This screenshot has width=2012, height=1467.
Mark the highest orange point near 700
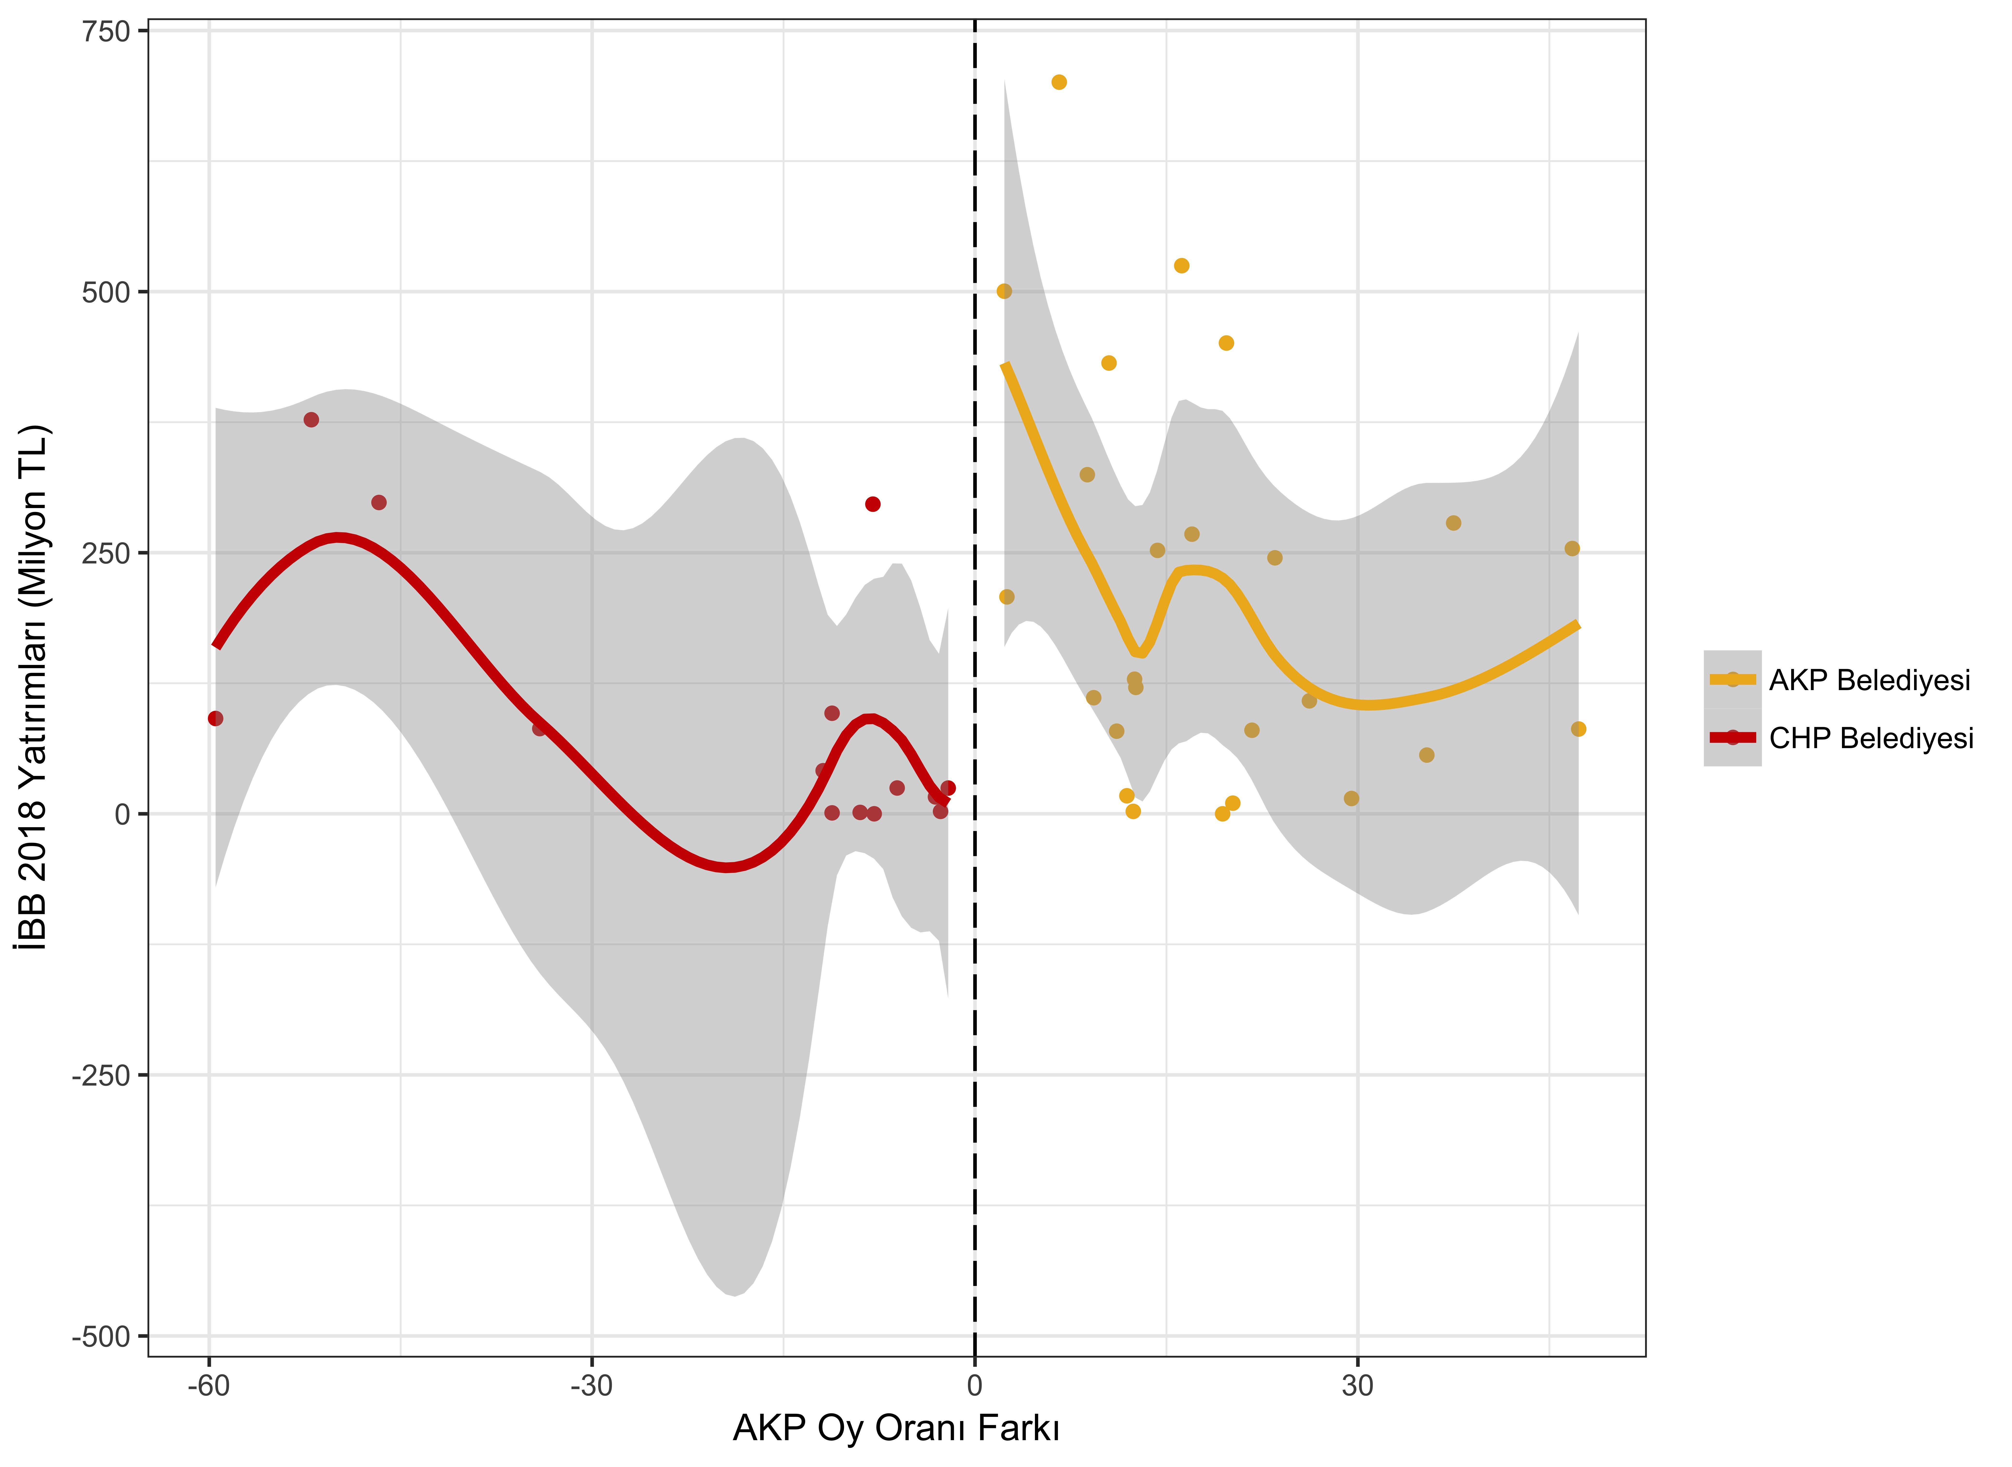[x=1059, y=83]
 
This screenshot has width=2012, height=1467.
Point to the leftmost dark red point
[x=215, y=718]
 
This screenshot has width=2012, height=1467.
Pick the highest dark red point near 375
[x=311, y=420]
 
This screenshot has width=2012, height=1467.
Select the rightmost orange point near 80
[x=1579, y=729]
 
